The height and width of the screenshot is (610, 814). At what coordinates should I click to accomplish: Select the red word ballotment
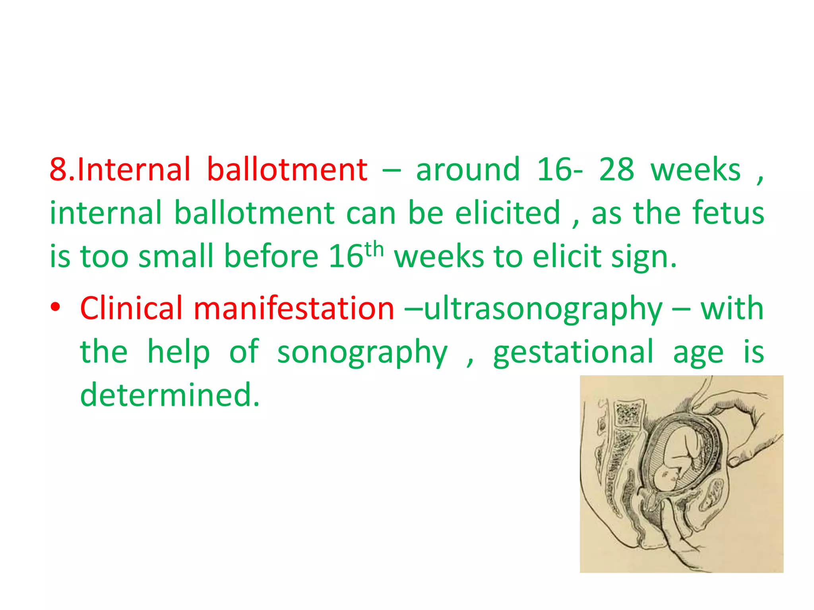pos(287,170)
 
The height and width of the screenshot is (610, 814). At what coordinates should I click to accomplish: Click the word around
pos(468,170)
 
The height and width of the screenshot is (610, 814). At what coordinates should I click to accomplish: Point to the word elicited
pos(508,213)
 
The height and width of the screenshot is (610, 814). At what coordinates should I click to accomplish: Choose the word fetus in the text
pos(728,213)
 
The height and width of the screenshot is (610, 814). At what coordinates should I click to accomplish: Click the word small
pos(176,256)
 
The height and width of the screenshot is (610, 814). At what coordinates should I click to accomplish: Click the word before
pos(271,256)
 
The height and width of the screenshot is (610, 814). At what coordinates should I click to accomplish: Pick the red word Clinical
pos(131,308)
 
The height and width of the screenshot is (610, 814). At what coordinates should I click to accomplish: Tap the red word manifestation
pos(294,308)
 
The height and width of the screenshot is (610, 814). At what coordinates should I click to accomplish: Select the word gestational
pos(573,352)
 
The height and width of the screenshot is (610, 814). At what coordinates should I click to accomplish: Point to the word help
pos(178,352)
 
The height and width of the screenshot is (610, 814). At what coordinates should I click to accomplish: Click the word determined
pos(170,395)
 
